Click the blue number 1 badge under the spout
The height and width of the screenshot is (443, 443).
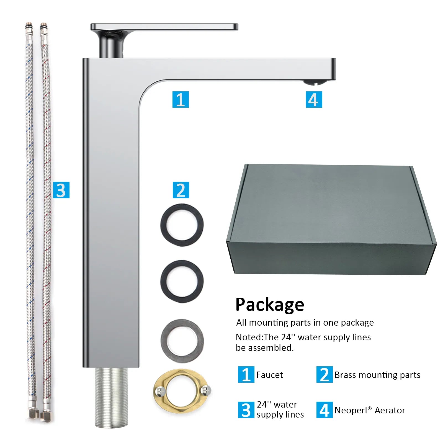(x=181, y=99)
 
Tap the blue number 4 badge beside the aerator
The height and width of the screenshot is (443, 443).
(x=314, y=99)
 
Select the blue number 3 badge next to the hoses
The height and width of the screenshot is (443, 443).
(x=61, y=190)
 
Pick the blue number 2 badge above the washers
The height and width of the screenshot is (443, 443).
(x=181, y=190)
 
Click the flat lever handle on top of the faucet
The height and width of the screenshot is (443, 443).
(x=164, y=27)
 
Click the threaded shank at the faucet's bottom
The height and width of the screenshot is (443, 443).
(x=112, y=398)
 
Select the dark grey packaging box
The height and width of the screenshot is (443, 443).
(x=331, y=219)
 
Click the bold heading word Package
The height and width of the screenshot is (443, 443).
(x=270, y=305)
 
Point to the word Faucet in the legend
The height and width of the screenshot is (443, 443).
(x=269, y=375)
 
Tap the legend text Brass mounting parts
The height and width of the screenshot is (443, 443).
(x=377, y=375)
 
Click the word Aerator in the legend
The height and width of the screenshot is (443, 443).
(x=390, y=410)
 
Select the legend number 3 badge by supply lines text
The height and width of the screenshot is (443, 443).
(x=246, y=410)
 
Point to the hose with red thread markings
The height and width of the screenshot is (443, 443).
(x=46, y=221)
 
